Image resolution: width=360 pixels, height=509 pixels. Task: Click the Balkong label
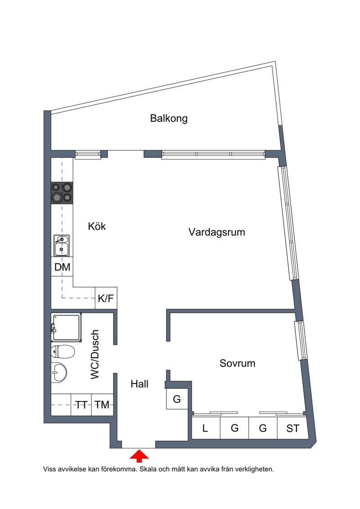[x=168, y=118]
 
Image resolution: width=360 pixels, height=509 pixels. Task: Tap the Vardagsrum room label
[x=216, y=232]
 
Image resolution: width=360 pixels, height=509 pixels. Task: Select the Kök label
[x=97, y=226]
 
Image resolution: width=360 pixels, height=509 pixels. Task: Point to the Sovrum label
[x=237, y=363]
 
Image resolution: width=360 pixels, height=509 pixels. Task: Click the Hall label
[x=139, y=384]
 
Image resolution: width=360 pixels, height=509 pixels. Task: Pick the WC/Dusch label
[x=94, y=354]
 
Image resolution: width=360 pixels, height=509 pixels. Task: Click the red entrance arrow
[x=139, y=455]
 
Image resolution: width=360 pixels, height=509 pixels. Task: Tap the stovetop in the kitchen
[x=62, y=193]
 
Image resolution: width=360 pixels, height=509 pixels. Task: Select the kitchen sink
[x=61, y=245]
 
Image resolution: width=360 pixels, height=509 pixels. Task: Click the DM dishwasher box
[x=62, y=267]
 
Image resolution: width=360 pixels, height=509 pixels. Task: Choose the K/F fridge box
[x=106, y=298]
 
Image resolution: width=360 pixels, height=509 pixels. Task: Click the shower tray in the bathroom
[x=66, y=328]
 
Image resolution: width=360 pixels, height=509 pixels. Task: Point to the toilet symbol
[x=63, y=351]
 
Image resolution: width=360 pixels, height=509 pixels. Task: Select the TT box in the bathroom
[x=81, y=405]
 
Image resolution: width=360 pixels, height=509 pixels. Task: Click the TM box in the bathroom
[x=102, y=405]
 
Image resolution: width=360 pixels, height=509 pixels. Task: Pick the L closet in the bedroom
[x=206, y=428]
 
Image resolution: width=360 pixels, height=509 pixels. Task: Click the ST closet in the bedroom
[x=292, y=428]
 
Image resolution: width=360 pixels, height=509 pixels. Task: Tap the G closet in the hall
[x=177, y=399]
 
